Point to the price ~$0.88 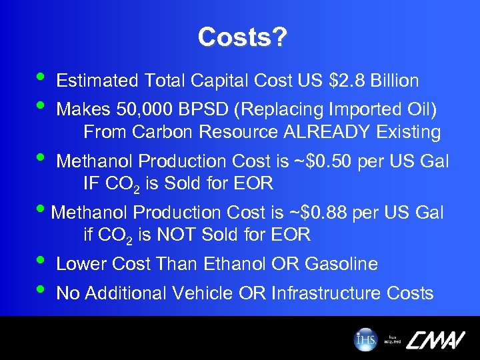(315, 213)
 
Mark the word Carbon (157, 132)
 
